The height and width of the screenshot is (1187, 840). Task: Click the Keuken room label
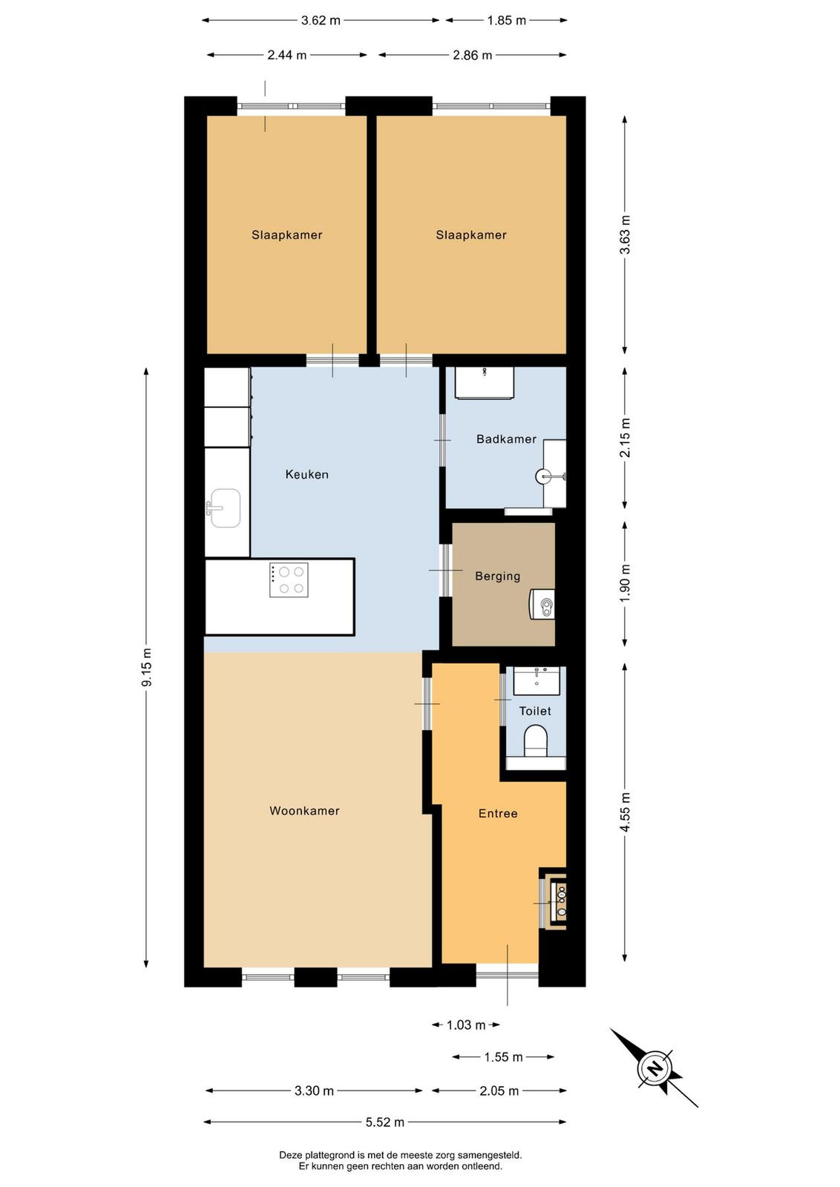tap(307, 474)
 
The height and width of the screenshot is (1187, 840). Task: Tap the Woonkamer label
tap(304, 810)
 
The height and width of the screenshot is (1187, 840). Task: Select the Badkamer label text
tap(506, 438)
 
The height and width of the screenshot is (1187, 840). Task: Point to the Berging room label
tap(498, 576)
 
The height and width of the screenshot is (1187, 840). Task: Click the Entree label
tap(498, 813)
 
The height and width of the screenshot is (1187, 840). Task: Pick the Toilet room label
tap(535, 711)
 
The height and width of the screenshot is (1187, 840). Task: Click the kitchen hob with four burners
tap(289, 579)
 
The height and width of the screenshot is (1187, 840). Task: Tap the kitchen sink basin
tap(226, 508)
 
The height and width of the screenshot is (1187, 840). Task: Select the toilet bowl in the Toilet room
tap(535, 740)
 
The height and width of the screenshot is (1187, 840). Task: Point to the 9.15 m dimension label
tap(147, 667)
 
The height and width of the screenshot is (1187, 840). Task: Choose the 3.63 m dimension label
tap(626, 234)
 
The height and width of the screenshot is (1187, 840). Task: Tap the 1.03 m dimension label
tap(466, 1025)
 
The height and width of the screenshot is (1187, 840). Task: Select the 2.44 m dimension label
tap(286, 55)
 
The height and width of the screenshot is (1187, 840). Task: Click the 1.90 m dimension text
tap(626, 582)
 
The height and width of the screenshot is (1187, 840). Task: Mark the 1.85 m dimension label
tap(506, 21)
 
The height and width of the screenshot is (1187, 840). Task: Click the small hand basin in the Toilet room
tap(537, 682)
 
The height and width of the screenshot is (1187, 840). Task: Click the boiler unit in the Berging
tap(542, 604)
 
